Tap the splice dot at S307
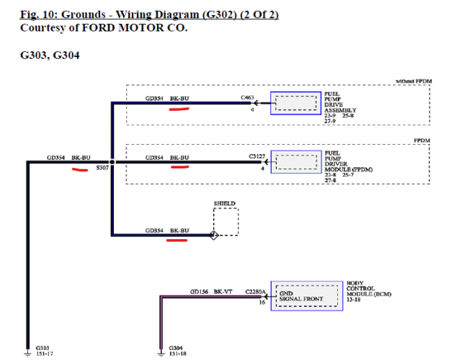point(112,162)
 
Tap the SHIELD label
point(224,204)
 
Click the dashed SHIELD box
point(225,222)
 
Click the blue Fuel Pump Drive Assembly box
point(295,104)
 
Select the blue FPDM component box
point(295,162)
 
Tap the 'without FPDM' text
point(414,81)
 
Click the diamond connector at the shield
point(213,235)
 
